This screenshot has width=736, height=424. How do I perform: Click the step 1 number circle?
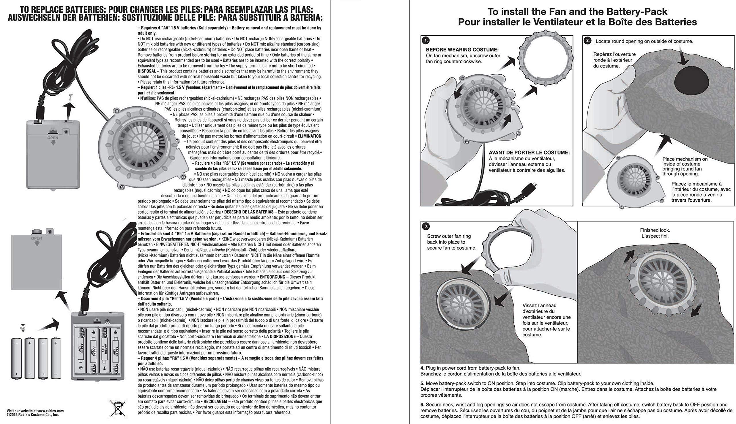click(426, 41)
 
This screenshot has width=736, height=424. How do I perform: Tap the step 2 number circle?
click(588, 41)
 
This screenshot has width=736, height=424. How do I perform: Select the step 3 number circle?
click(426, 226)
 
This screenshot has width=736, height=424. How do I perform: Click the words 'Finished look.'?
click(655, 230)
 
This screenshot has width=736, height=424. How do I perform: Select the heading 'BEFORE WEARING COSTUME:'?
click(462, 50)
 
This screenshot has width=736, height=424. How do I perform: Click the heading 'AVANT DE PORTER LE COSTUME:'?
click(529, 153)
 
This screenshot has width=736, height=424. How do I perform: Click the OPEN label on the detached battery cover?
click(37, 238)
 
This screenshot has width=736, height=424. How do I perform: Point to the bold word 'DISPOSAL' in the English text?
click(147, 71)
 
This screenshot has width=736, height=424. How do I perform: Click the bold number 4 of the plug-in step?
click(422, 368)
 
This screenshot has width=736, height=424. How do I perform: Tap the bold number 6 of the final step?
click(422, 404)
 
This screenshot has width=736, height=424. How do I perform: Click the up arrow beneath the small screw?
click(69, 109)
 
